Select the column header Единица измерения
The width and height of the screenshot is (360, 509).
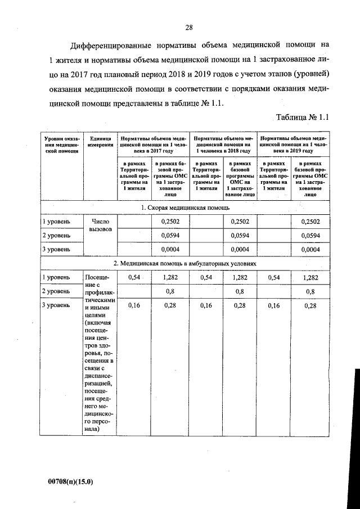(x=100, y=141)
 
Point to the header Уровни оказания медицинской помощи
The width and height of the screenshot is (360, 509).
(x=61, y=145)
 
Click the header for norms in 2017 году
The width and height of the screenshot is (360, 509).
(x=152, y=145)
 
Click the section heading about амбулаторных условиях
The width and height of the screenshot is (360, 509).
(x=186, y=263)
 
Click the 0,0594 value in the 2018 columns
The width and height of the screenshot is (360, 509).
(x=240, y=235)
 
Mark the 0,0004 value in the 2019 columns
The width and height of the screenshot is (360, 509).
(x=310, y=249)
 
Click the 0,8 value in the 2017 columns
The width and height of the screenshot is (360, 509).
(x=169, y=291)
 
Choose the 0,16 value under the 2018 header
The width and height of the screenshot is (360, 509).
(x=206, y=305)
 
